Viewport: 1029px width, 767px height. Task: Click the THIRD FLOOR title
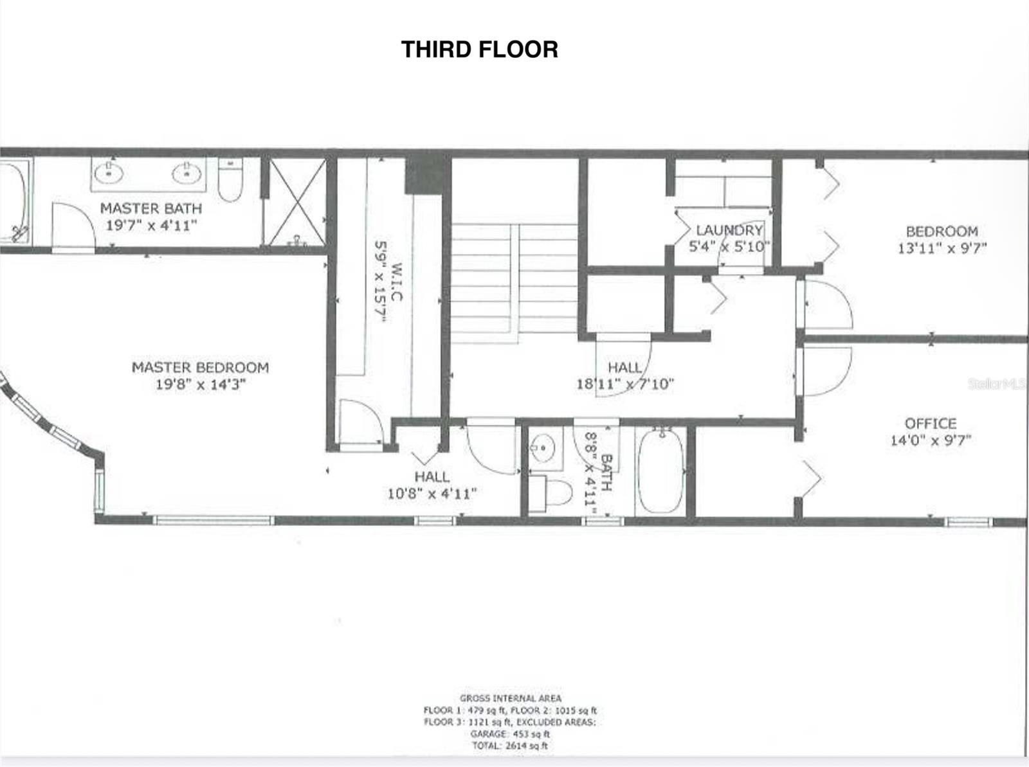click(479, 50)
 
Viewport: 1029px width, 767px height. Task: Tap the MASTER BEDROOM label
click(200, 367)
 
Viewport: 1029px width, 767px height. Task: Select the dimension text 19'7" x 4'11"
click(151, 225)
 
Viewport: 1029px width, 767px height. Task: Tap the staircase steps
click(514, 276)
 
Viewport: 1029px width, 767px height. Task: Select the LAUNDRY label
click(729, 230)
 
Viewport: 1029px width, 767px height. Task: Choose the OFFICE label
click(930, 423)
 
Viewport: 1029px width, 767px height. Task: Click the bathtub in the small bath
click(661, 471)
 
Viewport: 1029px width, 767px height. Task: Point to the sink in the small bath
click(544, 446)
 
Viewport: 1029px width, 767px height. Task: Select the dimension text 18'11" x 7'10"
click(624, 384)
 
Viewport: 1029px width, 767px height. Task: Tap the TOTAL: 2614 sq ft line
click(509, 746)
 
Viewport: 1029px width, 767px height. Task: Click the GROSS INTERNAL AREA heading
click(510, 698)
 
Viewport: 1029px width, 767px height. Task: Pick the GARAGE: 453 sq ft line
click(509, 734)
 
